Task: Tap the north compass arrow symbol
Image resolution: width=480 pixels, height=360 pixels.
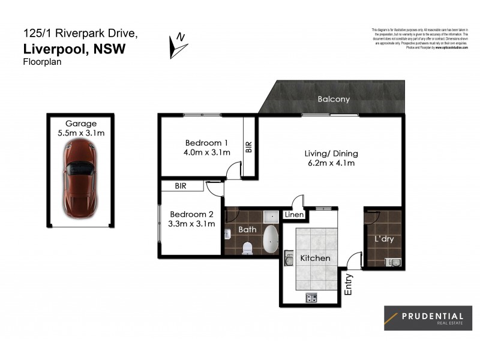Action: click(x=178, y=46)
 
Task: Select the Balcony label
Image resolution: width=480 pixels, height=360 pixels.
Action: click(x=334, y=99)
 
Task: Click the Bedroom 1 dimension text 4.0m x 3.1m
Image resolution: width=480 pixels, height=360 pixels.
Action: click(x=206, y=153)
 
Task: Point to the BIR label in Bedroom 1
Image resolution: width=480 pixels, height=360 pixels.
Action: click(x=248, y=148)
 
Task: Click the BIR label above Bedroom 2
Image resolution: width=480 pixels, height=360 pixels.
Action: click(x=181, y=186)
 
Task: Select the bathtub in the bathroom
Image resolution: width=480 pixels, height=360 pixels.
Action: click(x=271, y=239)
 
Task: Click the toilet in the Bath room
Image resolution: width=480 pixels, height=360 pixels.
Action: click(x=246, y=247)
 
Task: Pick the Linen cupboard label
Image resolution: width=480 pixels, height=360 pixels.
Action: click(x=294, y=214)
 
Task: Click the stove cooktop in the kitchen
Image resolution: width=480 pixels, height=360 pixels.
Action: click(x=311, y=297)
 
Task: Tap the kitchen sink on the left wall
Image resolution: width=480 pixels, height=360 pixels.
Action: click(x=288, y=259)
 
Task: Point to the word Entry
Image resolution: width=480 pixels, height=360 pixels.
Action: click(x=349, y=284)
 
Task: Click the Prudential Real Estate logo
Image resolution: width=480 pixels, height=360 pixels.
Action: click(x=428, y=318)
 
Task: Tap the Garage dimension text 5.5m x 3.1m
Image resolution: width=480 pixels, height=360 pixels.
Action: click(x=81, y=133)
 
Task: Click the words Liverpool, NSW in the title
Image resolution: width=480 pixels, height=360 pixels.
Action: click(x=74, y=49)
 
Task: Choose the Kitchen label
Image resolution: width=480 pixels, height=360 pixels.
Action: click(x=315, y=258)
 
